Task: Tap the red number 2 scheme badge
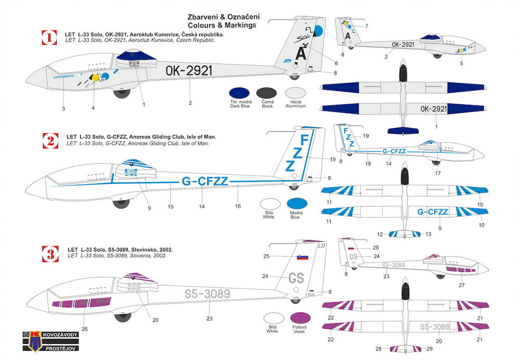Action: click(49, 140)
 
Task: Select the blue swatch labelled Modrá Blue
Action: click(296, 205)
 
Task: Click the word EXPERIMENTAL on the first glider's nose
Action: click(64, 76)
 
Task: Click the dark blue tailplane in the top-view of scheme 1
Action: click(403, 130)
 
